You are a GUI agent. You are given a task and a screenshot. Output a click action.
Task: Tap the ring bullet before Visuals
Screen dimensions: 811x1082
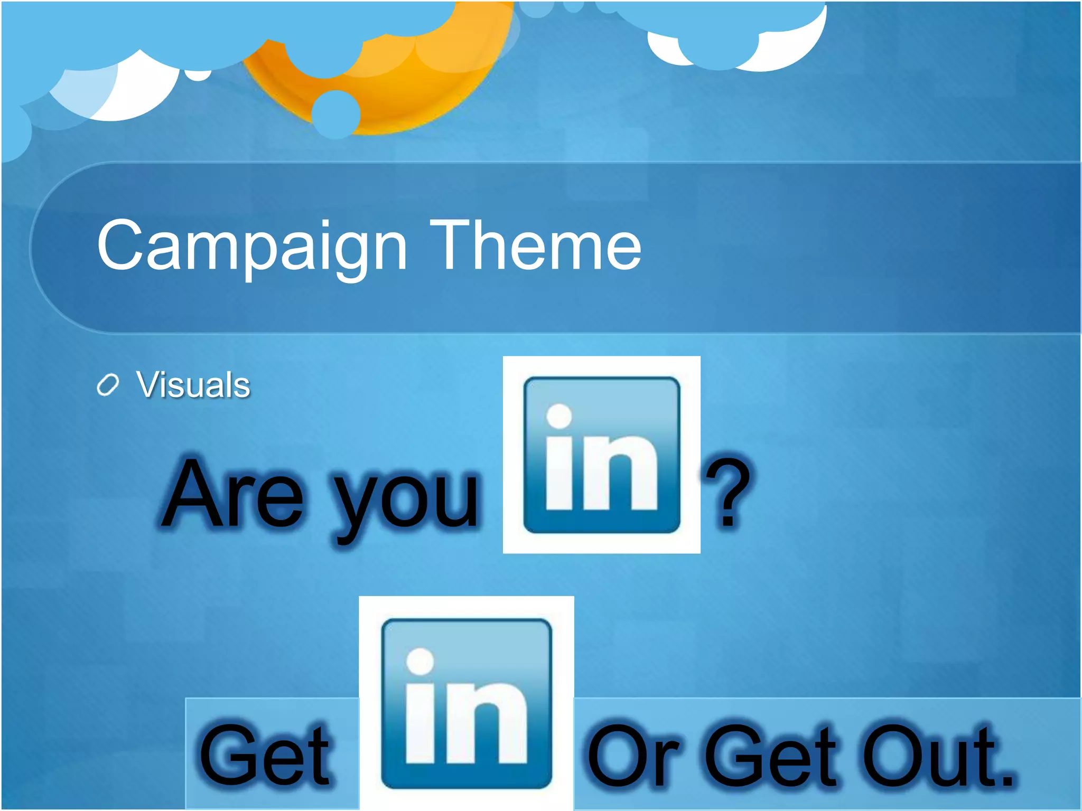(x=108, y=385)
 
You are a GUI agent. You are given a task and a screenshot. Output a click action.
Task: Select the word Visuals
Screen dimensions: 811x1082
(x=193, y=384)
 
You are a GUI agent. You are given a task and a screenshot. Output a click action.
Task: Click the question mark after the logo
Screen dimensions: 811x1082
(x=728, y=494)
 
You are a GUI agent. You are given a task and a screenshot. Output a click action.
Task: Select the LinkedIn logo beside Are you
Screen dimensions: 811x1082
(x=601, y=455)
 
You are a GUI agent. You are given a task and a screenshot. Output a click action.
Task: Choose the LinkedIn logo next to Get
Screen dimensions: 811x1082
(x=466, y=703)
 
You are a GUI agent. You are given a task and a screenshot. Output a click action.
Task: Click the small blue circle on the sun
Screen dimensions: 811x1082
(x=336, y=114)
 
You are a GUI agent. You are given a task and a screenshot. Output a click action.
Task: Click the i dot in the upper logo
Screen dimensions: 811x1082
(x=559, y=416)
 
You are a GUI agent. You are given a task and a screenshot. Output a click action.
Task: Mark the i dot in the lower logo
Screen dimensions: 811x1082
(x=420, y=662)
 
